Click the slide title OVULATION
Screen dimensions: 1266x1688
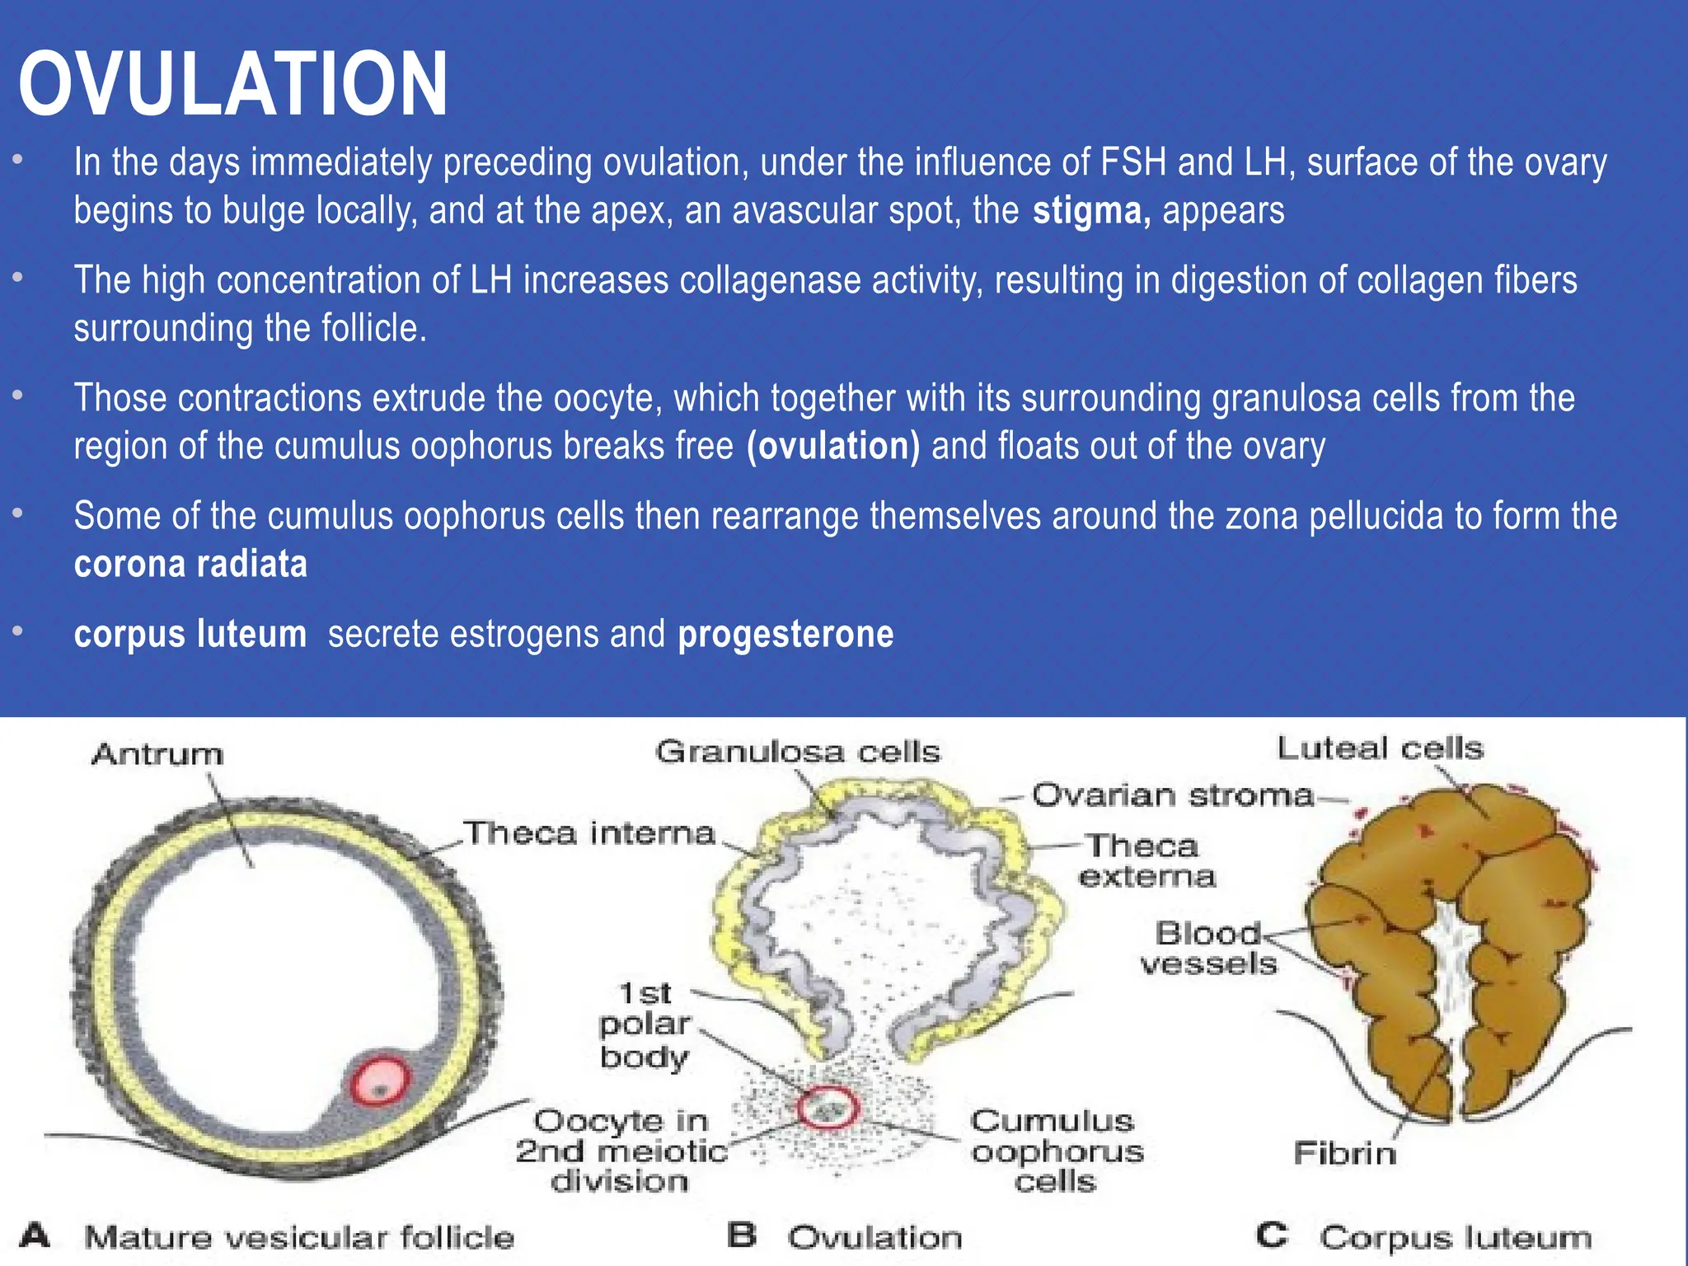tap(233, 83)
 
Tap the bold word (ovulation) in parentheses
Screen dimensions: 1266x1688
tap(833, 447)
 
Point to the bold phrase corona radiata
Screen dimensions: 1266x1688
tap(190, 565)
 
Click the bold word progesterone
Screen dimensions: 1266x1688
tap(785, 635)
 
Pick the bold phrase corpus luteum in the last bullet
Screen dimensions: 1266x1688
tap(190, 635)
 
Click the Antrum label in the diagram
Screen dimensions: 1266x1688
tap(157, 754)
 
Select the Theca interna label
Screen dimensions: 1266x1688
tap(588, 833)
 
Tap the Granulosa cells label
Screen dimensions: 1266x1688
tap(798, 752)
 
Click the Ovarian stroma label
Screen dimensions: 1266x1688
tap(1172, 795)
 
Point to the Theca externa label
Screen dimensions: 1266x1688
tap(1146, 861)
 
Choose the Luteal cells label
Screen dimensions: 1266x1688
tap(1380, 748)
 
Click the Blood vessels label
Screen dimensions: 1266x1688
tap(1208, 949)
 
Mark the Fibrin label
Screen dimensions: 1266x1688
tap(1344, 1153)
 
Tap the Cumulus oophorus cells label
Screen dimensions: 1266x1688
tap(1057, 1151)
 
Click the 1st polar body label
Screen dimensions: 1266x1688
tap(645, 1025)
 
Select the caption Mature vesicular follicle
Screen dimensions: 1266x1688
tap(299, 1237)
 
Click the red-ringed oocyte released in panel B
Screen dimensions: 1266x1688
tap(828, 1108)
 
